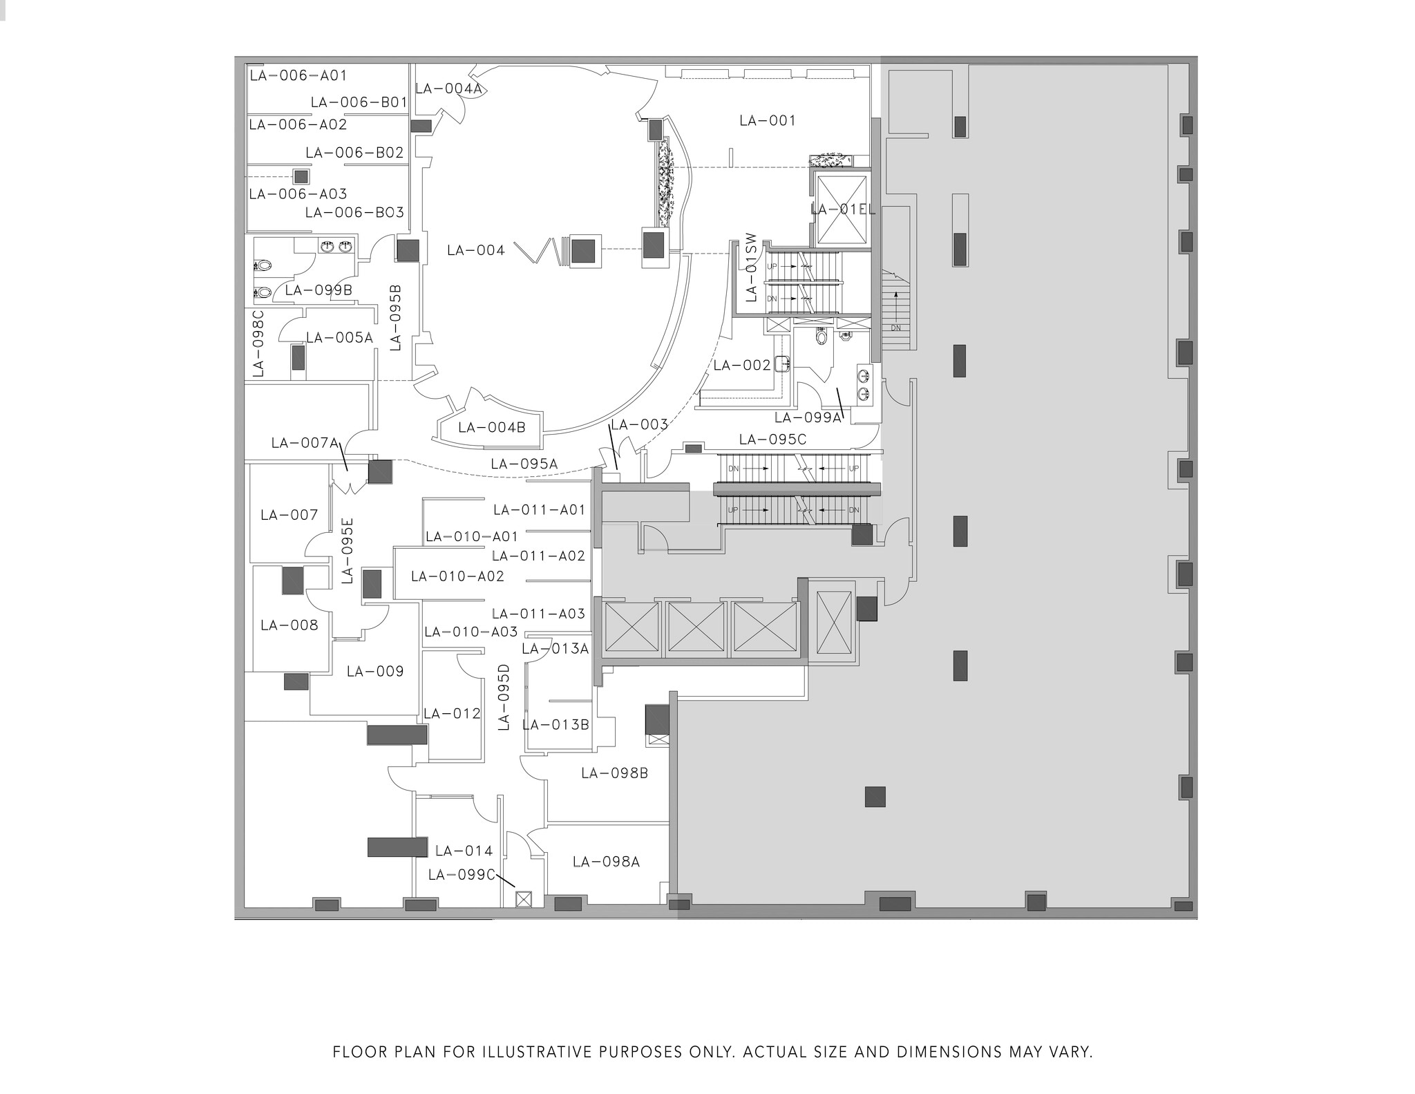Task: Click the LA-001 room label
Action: [767, 121]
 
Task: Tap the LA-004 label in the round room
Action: [475, 250]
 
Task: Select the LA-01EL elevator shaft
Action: [841, 209]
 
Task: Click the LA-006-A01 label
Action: [298, 75]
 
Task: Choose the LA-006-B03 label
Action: [354, 213]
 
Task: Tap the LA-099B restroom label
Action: [319, 290]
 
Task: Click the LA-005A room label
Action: [339, 338]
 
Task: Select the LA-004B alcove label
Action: [491, 428]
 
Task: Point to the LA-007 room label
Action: [289, 515]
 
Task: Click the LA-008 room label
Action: [289, 625]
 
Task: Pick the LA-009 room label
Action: [375, 671]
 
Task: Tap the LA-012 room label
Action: [452, 714]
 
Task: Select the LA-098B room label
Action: [614, 773]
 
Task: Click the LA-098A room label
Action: [606, 862]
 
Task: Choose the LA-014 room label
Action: [464, 851]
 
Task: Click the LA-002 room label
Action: [741, 365]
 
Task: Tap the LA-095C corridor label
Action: [772, 440]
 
